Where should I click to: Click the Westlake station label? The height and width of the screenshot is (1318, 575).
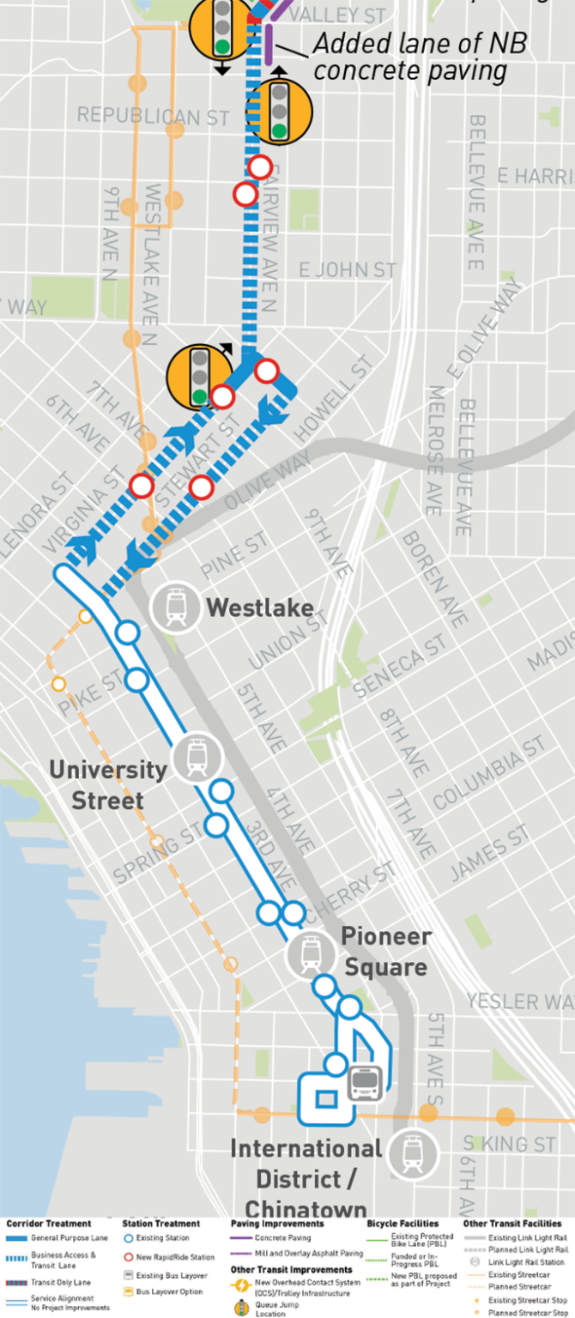pyautogui.click(x=259, y=608)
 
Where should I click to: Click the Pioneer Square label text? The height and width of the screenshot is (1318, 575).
pyautogui.click(x=384, y=952)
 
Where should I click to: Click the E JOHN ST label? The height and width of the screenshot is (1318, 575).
pyautogui.click(x=348, y=270)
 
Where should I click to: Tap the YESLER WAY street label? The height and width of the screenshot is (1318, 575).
pyautogui.click(x=519, y=1001)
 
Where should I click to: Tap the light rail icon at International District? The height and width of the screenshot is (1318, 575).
pyautogui.click(x=413, y=1153)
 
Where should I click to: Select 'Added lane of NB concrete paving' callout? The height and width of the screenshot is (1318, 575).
pyautogui.click(x=420, y=56)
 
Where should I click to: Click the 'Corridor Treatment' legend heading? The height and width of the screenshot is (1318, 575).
pyautogui.click(x=49, y=1224)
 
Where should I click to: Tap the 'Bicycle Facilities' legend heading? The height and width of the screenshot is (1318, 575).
pyautogui.click(x=402, y=1224)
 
